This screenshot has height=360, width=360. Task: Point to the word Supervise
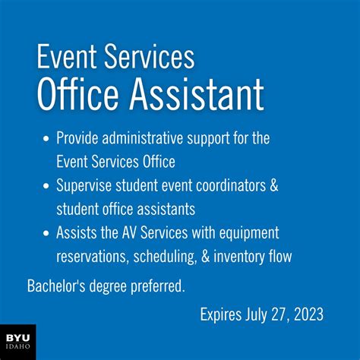tap(84, 185)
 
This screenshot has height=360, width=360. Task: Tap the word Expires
tap(223, 314)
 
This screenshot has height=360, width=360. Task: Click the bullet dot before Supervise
tap(46, 185)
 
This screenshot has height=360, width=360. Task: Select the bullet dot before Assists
tap(46, 232)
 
